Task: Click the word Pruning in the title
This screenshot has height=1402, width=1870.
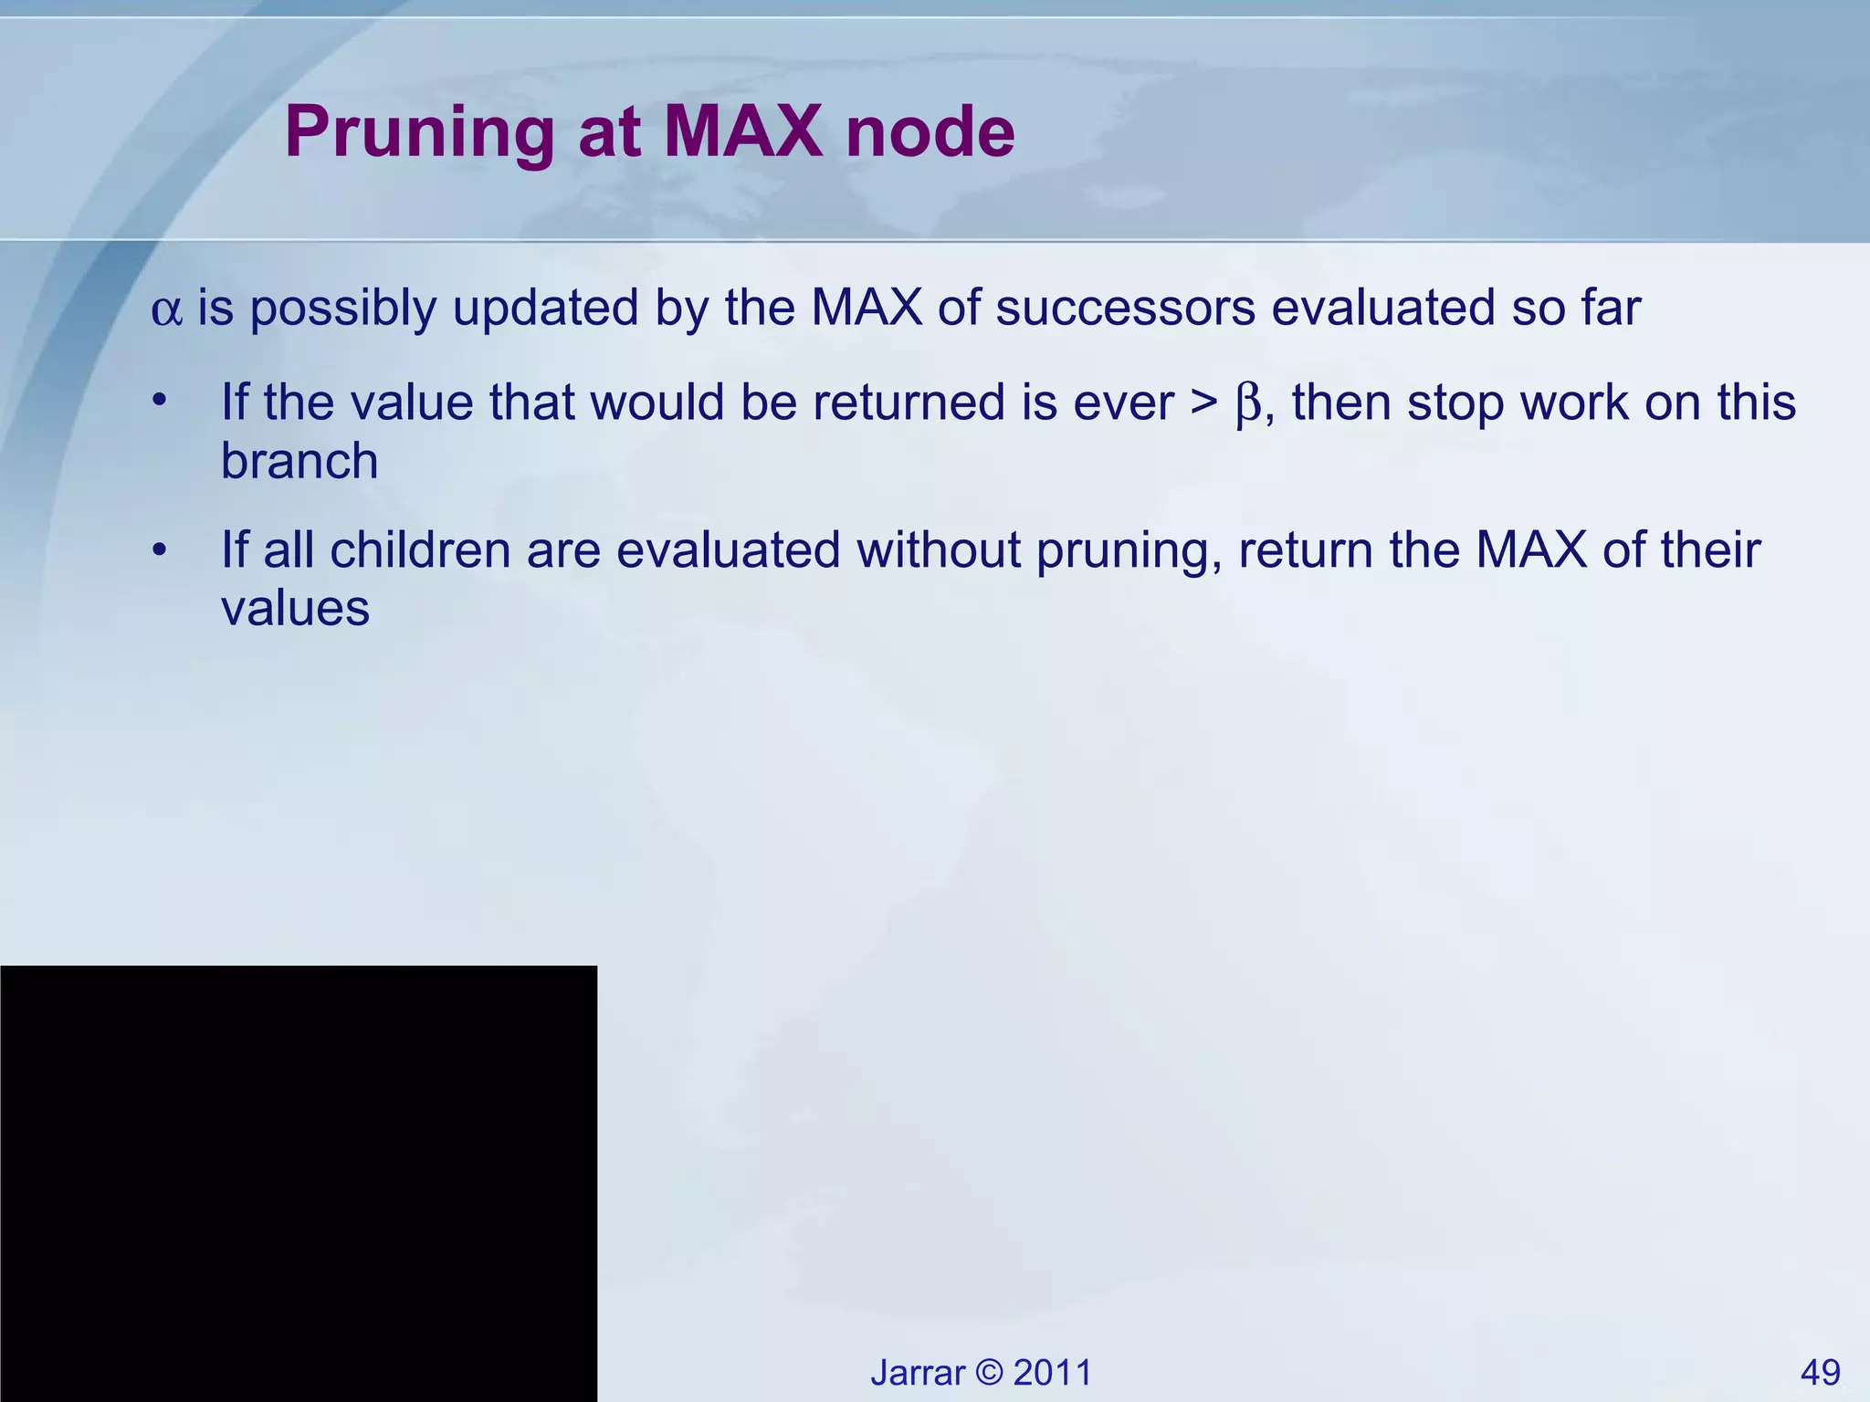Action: coord(419,133)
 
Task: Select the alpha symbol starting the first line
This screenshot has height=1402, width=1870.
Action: coord(166,310)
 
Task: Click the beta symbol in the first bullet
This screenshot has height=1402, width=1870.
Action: coord(1248,403)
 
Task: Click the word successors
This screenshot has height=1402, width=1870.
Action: coord(1125,309)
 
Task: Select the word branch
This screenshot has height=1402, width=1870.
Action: coord(299,461)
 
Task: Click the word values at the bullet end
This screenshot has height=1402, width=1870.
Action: coord(295,609)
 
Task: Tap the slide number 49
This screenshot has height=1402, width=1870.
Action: coord(1820,1373)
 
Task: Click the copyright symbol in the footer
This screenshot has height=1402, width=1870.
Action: coord(989,1373)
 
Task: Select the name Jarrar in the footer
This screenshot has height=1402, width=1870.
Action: coord(917,1373)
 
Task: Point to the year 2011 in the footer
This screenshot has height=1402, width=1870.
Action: coord(1053,1373)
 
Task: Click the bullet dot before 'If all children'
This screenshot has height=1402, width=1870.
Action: coord(160,549)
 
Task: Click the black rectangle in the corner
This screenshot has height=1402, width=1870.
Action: coord(298,1183)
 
